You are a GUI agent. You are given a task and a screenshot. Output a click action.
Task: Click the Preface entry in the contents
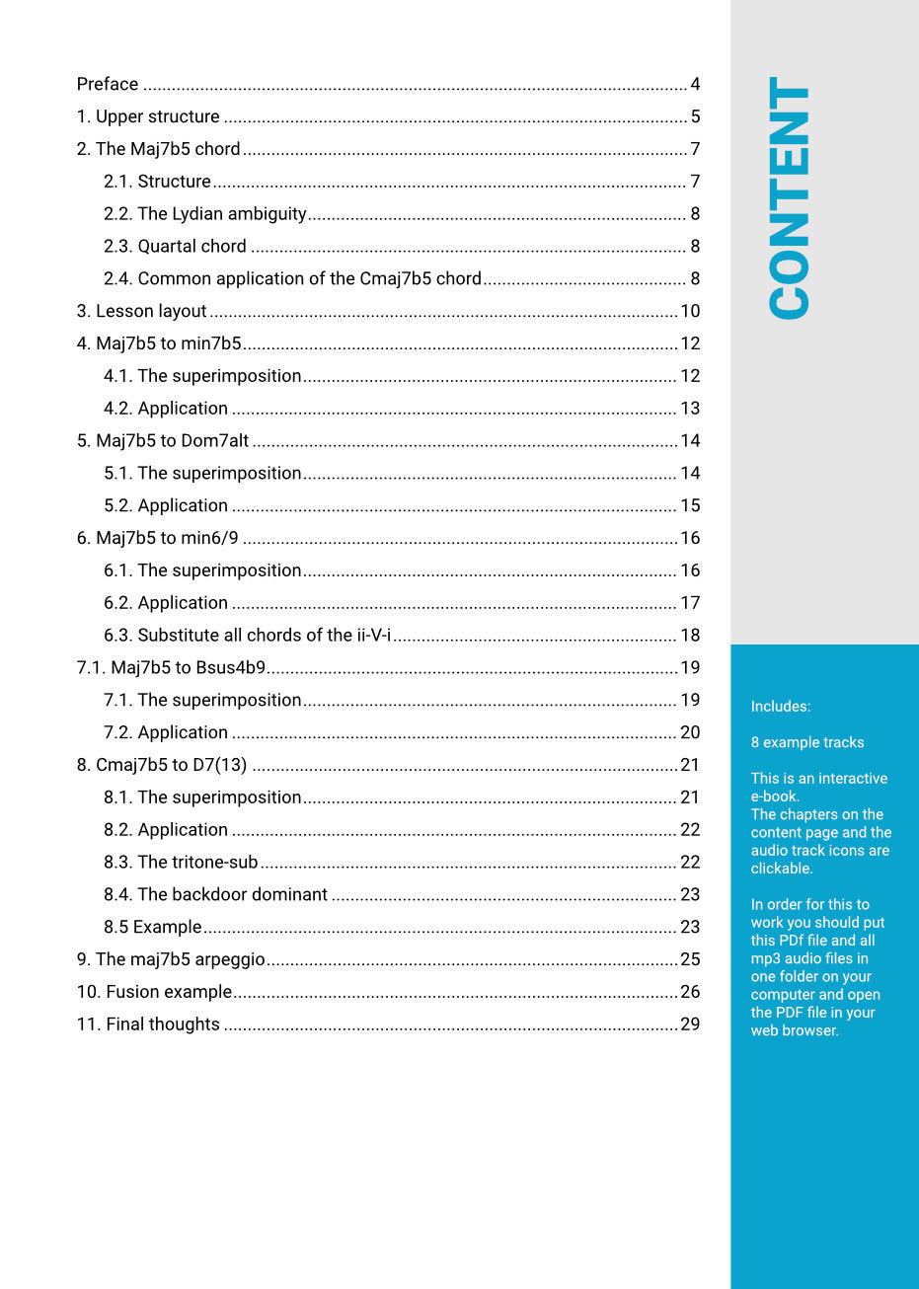(108, 84)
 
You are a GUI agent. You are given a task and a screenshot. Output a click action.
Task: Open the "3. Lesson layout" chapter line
(141, 311)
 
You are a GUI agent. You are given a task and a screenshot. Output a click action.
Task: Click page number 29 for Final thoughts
(690, 1024)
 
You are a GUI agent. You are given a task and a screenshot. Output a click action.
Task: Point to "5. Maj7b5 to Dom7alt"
(163, 441)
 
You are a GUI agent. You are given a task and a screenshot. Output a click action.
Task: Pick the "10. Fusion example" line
(154, 992)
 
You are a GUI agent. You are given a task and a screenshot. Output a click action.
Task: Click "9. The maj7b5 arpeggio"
(171, 959)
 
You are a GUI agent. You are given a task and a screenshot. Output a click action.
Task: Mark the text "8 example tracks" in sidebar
(806, 742)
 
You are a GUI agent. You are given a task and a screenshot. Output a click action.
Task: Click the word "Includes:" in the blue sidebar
(780, 707)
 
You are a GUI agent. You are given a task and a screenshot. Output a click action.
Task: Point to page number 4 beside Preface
(695, 84)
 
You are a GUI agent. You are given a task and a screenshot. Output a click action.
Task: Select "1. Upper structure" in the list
(148, 116)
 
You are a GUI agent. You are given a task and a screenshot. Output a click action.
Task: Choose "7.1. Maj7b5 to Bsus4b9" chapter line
(171, 668)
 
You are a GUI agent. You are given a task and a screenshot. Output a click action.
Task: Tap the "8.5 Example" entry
(152, 928)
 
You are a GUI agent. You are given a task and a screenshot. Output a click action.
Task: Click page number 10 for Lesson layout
(690, 311)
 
